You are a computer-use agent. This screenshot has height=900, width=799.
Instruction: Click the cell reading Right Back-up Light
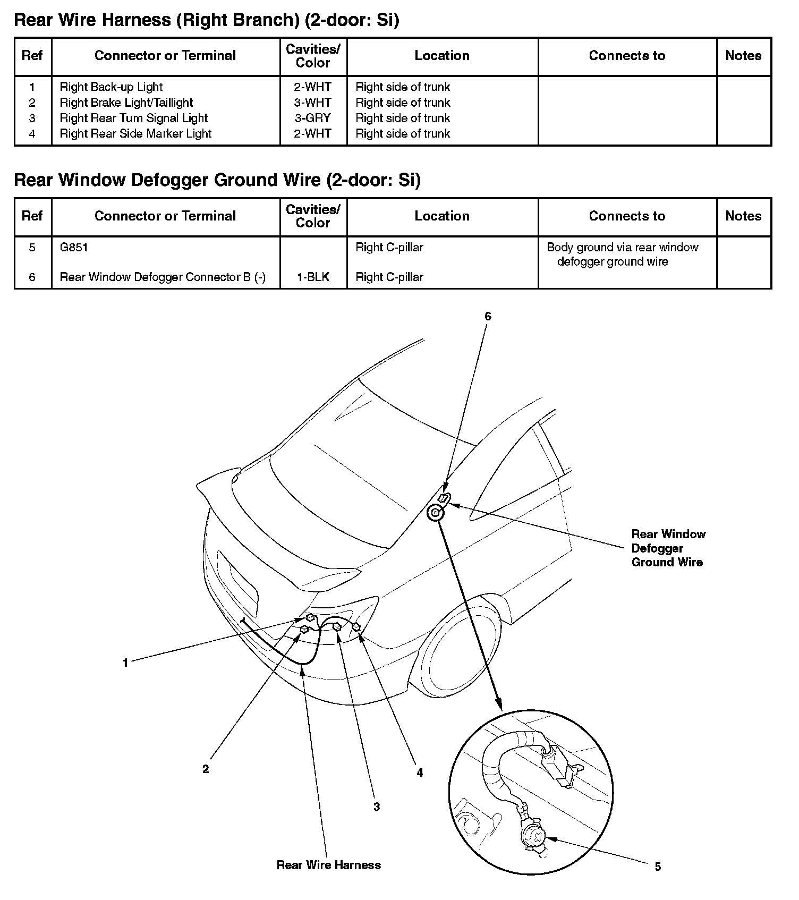point(111,87)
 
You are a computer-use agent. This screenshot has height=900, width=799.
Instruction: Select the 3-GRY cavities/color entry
point(313,118)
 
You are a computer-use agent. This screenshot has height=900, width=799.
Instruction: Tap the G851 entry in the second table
point(74,248)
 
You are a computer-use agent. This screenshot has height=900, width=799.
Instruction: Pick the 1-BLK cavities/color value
point(313,277)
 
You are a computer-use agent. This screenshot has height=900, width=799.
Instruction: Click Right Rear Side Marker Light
point(135,134)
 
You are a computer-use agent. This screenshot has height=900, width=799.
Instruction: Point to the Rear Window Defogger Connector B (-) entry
point(163,277)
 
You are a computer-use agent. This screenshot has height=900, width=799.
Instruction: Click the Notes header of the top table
point(743,56)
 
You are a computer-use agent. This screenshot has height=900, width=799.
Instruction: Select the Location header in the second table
point(442,216)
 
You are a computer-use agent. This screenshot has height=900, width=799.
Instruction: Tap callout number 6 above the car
point(488,317)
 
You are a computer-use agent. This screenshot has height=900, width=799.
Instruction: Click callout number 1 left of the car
point(125,663)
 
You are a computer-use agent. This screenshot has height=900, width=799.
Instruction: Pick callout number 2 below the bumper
point(206,769)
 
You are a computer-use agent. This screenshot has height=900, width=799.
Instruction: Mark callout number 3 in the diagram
point(377,807)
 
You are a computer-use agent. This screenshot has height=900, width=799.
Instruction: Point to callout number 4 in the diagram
point(420,773)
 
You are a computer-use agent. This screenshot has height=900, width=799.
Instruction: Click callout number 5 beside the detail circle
point(658,867)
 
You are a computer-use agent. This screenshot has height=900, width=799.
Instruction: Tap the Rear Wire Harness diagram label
point(328,865)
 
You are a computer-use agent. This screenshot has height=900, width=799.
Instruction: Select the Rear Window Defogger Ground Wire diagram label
point(668,548)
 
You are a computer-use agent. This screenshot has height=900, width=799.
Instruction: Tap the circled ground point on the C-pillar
point(435,513)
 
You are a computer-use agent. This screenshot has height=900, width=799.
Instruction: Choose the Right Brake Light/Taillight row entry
point(126,103)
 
